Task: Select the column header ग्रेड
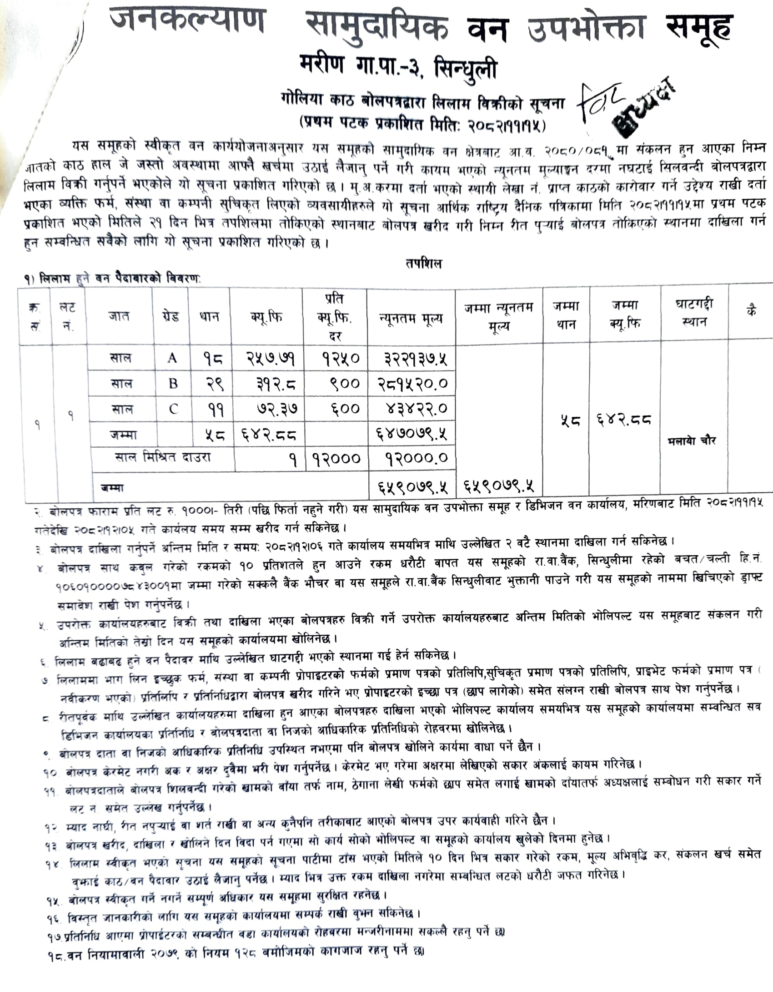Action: point(170,316)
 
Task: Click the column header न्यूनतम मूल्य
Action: point(411,319)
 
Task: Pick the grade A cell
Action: point(172,359)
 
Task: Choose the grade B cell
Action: point(173,384)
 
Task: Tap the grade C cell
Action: point(173,410)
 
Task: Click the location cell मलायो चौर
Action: point(692,440)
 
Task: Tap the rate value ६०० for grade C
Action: point(345,410)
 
